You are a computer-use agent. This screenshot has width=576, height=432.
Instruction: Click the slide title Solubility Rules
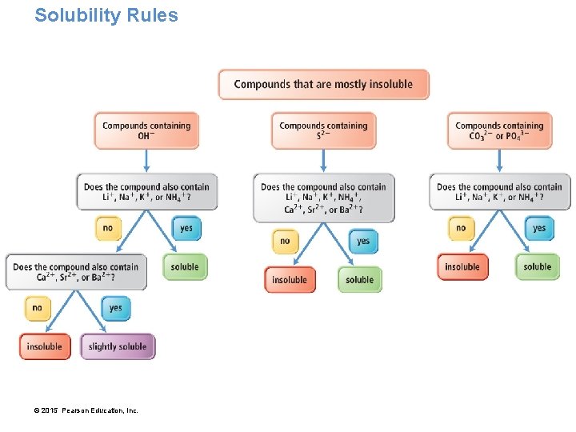[106, 15]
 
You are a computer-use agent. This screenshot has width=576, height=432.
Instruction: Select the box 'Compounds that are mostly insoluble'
[323, 84]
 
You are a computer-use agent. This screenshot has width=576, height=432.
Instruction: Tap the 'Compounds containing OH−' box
[146, 130]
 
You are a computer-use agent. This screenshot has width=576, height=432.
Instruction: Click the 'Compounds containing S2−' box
[323, 130]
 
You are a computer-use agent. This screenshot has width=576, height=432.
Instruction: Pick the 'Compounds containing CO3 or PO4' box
[499, 130]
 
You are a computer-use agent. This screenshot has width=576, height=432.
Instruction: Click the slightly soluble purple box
[118, 346]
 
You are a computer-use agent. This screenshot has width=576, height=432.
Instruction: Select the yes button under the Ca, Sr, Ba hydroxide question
[115, 308]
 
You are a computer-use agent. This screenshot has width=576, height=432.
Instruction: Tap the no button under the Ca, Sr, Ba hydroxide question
[37, 308]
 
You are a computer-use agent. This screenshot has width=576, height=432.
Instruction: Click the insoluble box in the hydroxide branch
[45, 346]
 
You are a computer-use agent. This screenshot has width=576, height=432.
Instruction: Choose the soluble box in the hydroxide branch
[185, 267]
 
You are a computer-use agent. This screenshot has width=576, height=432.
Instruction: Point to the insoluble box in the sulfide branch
[290, 280]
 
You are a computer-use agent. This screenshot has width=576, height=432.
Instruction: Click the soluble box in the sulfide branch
[360, 280]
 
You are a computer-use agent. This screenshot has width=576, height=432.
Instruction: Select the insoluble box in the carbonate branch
[462, 267]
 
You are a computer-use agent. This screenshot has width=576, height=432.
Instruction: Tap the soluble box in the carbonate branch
[537, 267]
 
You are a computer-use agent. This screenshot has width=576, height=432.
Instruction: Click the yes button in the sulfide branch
[363, 241]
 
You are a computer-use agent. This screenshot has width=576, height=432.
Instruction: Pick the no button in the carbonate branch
[461, 228]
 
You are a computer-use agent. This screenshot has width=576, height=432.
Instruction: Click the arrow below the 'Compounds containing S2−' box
[323, 160]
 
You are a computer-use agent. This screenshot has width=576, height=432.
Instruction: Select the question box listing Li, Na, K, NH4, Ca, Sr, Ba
[323, 198]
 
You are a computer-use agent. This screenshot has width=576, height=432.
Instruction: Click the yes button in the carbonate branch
[539, 228]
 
